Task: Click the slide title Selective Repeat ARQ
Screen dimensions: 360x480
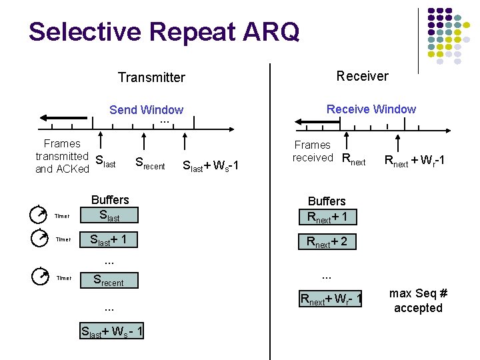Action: (164, 32)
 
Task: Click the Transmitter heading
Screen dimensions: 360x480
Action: (151, 77)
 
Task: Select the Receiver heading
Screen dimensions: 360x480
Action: (362, 76)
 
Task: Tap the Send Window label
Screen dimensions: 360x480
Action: (146, 110)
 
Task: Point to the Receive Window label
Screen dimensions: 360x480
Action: (371, 109)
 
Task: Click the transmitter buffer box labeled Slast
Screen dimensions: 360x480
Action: (109, 215)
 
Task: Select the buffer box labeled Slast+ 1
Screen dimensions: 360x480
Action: (109, 239)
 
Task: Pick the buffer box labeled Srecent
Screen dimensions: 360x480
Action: (109, 281)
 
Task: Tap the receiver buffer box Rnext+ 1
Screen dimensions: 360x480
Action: (327, 216)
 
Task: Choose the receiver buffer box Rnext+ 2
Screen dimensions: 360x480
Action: (327, 241)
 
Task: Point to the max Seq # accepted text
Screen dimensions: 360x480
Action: (418, 300)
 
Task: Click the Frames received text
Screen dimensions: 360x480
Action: (312, 151)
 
